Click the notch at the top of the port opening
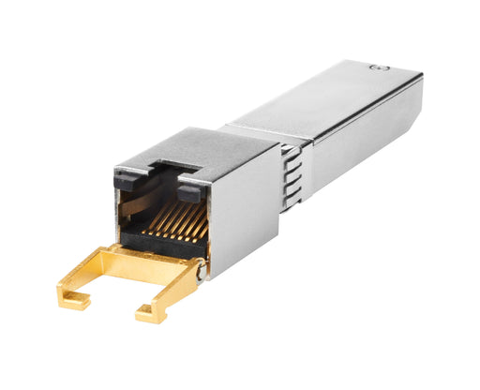pos(159,172)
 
